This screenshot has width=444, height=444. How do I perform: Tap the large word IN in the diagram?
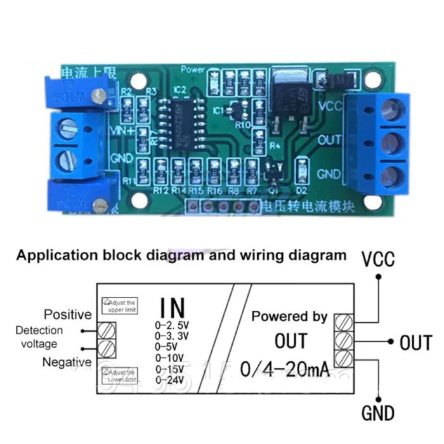click(172, 308)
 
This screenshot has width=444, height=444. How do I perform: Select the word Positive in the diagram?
click(68, 315)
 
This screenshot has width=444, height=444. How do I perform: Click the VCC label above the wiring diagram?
click(378, 259)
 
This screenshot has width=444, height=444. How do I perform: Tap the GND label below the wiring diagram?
click(379, 414)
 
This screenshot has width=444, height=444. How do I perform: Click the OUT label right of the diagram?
click(415, 343)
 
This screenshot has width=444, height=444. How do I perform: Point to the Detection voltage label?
click(39, 337)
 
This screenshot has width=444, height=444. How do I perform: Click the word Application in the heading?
click(53, 256)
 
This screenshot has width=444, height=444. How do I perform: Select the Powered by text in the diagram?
click(289, 316)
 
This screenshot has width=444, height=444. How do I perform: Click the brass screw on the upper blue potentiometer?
click(98, 96)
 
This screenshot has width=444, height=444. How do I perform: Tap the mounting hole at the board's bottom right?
click(374, 202)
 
